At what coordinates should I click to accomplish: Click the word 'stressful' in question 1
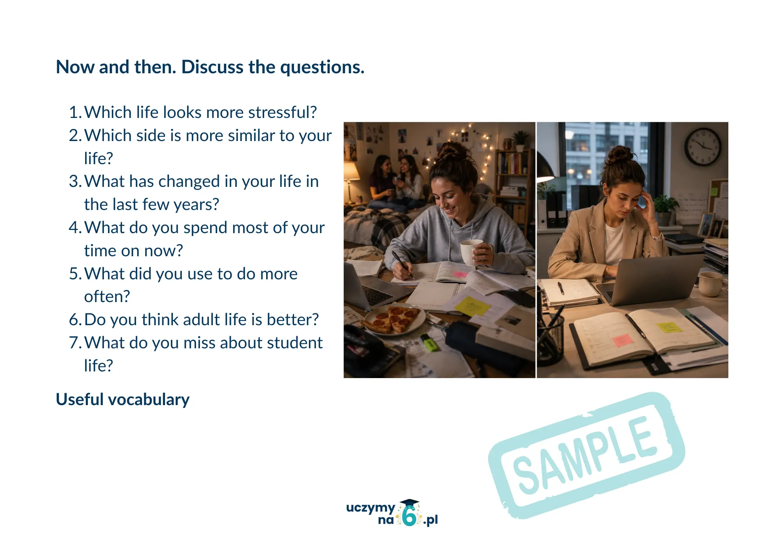pos(283,112)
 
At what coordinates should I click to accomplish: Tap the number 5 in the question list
pos(74,274)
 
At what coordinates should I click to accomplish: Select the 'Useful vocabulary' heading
pos(123,400)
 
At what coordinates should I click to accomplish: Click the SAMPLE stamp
pos(586,455)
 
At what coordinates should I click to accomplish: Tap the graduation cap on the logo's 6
pos(409,503)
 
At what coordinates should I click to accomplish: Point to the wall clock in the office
pos(703,147)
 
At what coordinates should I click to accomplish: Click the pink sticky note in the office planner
pos(623,340)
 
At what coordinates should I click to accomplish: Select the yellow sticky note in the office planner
pos(670,327)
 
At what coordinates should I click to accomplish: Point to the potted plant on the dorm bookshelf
pos(520,140)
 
